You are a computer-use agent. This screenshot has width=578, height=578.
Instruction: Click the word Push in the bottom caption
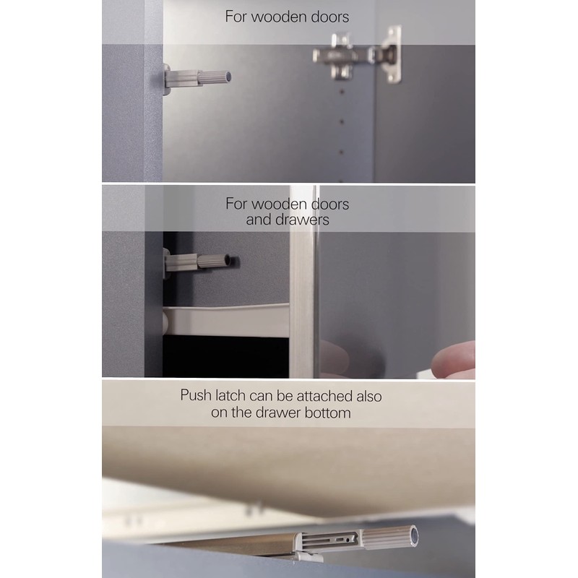click(x=196, y=397)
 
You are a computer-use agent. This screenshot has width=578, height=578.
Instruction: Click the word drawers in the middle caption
click(x=298, y=219)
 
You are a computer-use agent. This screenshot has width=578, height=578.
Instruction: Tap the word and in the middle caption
click(x=258, y=219)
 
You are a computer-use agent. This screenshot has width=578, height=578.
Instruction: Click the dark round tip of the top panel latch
click(x=227, y=74)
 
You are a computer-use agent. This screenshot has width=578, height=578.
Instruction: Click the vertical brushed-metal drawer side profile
click(x=303, y=303)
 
